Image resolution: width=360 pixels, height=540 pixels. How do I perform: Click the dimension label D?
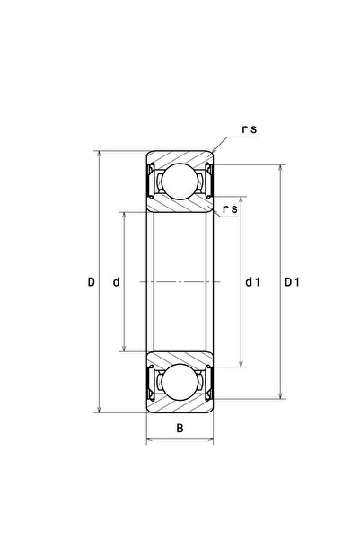[x=92, y=282]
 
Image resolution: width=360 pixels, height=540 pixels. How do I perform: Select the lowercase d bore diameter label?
[x=116, y=282]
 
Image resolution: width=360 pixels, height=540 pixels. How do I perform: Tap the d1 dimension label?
[x=252, y=282]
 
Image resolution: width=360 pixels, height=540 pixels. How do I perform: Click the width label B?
[x=180, y=427]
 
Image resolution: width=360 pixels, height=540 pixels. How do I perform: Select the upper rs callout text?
[x=249, y=129]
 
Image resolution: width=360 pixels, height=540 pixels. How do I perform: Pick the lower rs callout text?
[x=229, y=209]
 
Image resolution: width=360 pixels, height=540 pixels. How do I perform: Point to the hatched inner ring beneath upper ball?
[x=180, y=205]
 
